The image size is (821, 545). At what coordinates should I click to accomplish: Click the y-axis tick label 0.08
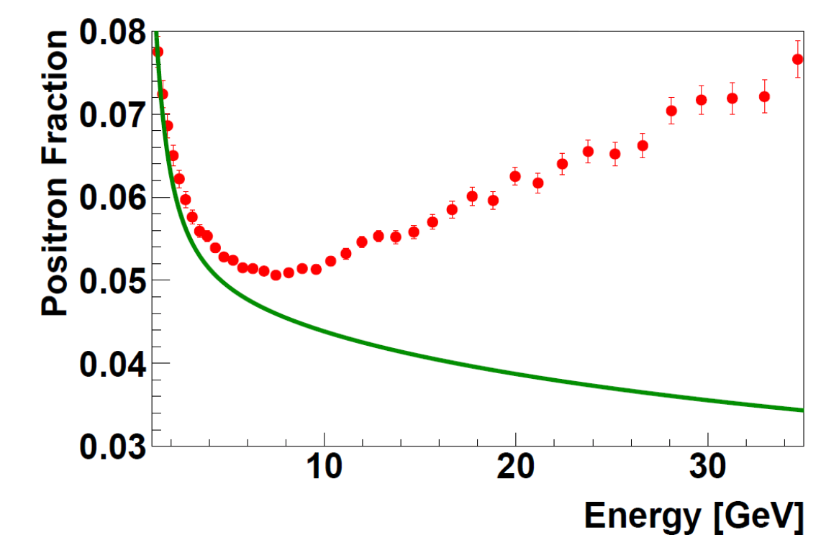(108, 33)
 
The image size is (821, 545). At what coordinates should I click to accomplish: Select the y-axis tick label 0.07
(108, 115)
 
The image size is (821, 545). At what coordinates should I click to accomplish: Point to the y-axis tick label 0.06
(108, 198)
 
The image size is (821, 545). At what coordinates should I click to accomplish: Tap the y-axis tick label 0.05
(108, 280)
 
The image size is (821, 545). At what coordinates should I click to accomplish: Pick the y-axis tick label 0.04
(108, 363)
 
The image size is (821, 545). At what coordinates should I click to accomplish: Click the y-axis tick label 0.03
(108, 445)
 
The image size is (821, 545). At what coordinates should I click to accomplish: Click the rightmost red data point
(797, 59)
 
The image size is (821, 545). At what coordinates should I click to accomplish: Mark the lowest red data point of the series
(276, 275)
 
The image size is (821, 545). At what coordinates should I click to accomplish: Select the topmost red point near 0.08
(158, 51)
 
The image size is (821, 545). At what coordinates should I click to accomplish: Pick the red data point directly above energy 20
(515, 176)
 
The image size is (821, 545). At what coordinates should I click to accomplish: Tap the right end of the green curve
(802, 410)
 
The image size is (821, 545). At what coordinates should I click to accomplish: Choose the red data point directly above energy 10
(331, 261)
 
